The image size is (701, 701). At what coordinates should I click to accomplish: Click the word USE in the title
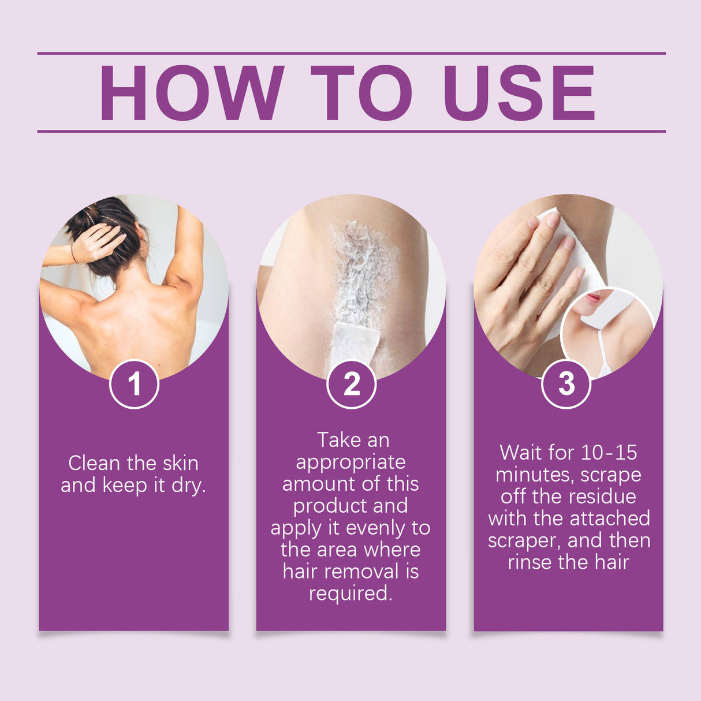pos(519,93)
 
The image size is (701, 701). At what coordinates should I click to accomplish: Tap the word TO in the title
pos(361,93)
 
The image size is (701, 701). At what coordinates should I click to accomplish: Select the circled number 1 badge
pos(134,384)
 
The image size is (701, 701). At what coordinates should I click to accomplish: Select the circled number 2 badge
pos(351,384)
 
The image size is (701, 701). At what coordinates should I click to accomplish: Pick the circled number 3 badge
pos(566,384)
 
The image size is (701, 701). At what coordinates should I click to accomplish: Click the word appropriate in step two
pos(350,462)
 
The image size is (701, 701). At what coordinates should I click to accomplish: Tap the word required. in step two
pos(350,593)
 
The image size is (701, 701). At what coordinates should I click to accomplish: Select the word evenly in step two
pos(376,528)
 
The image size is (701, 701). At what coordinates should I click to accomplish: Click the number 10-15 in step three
pos(609,452)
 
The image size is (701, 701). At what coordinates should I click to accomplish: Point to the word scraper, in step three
pos(524,540)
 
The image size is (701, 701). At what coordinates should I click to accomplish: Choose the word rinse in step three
pos(527,562)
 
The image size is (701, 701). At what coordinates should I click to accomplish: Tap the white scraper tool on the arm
pos(353,344)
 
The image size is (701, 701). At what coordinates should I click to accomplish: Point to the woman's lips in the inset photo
pos(592,299)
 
